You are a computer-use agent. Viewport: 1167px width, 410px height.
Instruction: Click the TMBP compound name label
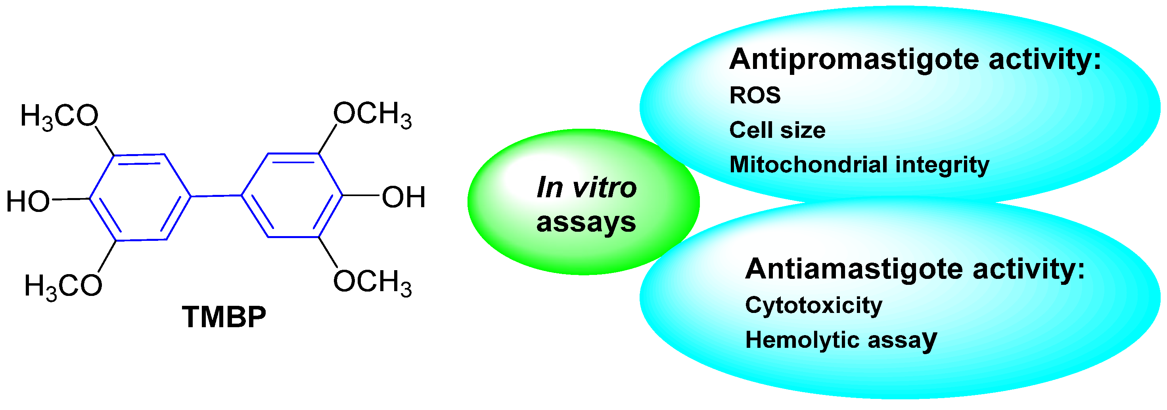tap(224, 317)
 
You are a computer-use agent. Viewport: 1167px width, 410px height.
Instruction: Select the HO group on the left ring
tap(28, 201)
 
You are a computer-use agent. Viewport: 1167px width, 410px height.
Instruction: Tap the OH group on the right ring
tap(403, 197)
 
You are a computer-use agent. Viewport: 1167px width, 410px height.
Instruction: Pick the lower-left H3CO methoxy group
tap(63, 286)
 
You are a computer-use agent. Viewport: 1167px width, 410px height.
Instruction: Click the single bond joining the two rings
tap(216, 196)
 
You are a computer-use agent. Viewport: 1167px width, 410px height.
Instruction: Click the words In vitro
tap(586, 187)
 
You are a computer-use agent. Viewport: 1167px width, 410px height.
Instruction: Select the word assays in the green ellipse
tap(586, 223)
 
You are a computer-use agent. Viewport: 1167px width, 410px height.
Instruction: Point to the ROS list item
tap(755, 95)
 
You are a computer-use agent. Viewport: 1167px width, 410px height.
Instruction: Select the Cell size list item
tap(777, 130)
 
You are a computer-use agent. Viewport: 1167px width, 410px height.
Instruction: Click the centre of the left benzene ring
tap(140, 197)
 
